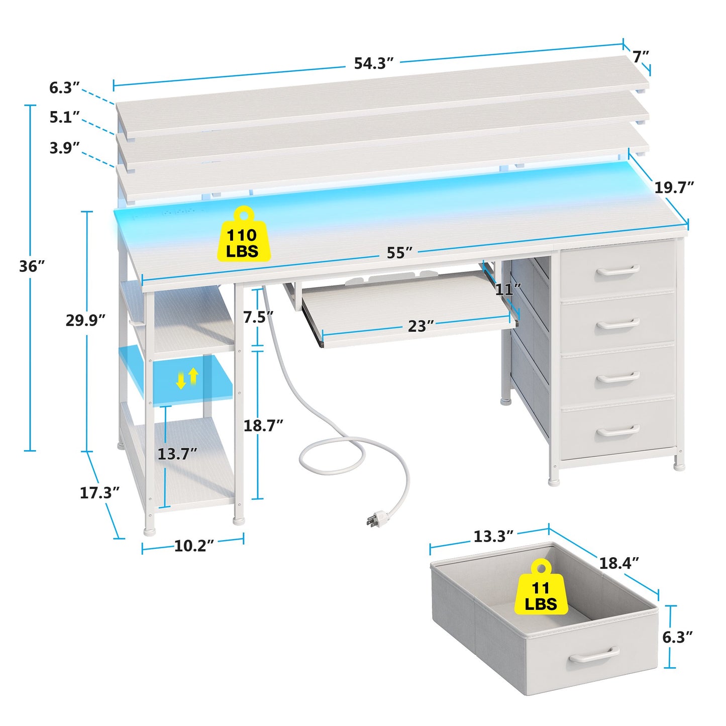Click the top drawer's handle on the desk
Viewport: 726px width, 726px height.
pos(618,270)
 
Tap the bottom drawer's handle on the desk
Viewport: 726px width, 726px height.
pos(618,430)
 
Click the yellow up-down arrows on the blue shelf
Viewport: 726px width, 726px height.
pos(187,378)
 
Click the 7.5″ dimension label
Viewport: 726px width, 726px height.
pos(258,317)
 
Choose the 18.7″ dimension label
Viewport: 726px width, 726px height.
pos(263,426)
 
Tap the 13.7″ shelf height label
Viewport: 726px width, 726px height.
pos(177,454)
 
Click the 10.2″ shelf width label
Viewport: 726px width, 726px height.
pos(194,546)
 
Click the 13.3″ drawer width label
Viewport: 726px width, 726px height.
pos(493,536)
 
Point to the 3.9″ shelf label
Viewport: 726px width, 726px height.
pos(65,148)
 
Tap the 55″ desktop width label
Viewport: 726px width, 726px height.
pos(399,253)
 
